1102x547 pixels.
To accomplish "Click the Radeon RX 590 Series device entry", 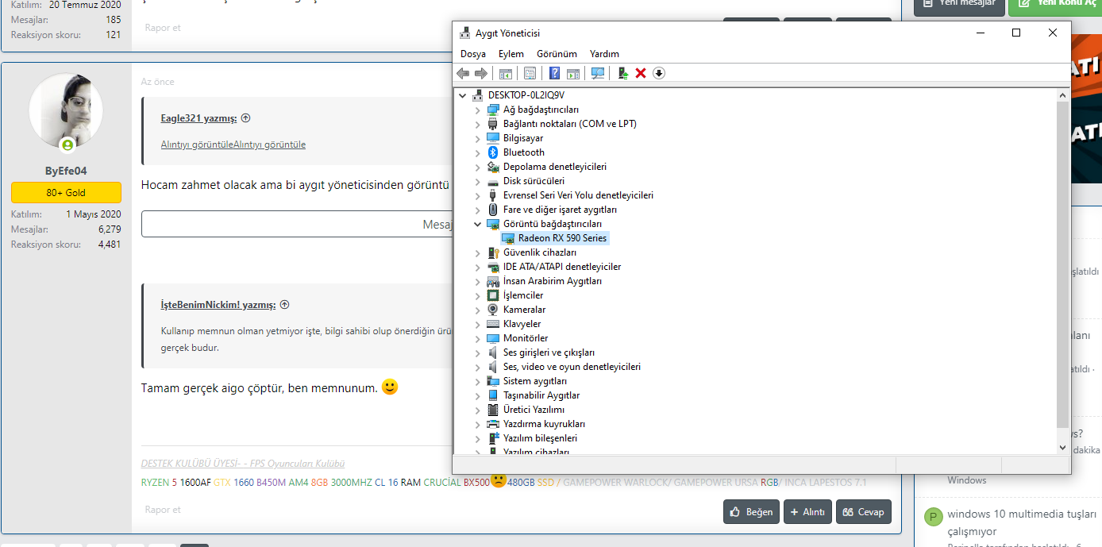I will point(562,238).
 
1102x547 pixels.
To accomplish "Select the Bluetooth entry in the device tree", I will point(523,152).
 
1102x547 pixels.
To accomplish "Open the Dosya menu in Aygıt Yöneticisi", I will point(472,54).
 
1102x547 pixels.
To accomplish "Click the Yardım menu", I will point(604,54).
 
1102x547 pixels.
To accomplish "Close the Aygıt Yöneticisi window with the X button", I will point(1052,33).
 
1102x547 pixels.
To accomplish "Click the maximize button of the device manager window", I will point(1016,33).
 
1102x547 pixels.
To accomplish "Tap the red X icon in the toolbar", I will point(641,73).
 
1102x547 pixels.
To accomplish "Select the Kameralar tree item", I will point(524,310).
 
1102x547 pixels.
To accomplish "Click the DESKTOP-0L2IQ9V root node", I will point(526,95).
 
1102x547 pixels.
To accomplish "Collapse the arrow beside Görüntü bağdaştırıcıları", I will point(478,224).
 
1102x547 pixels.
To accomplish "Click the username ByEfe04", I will point(65,171).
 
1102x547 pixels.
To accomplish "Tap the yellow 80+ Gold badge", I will point(66,192).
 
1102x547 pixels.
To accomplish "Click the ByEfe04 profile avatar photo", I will point(65,110).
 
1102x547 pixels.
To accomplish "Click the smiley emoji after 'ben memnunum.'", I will point(389,387).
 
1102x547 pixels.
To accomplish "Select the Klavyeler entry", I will point(522,324).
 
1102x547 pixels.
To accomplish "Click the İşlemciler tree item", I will point(523,295).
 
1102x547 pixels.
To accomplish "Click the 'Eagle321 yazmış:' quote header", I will point(198,118).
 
